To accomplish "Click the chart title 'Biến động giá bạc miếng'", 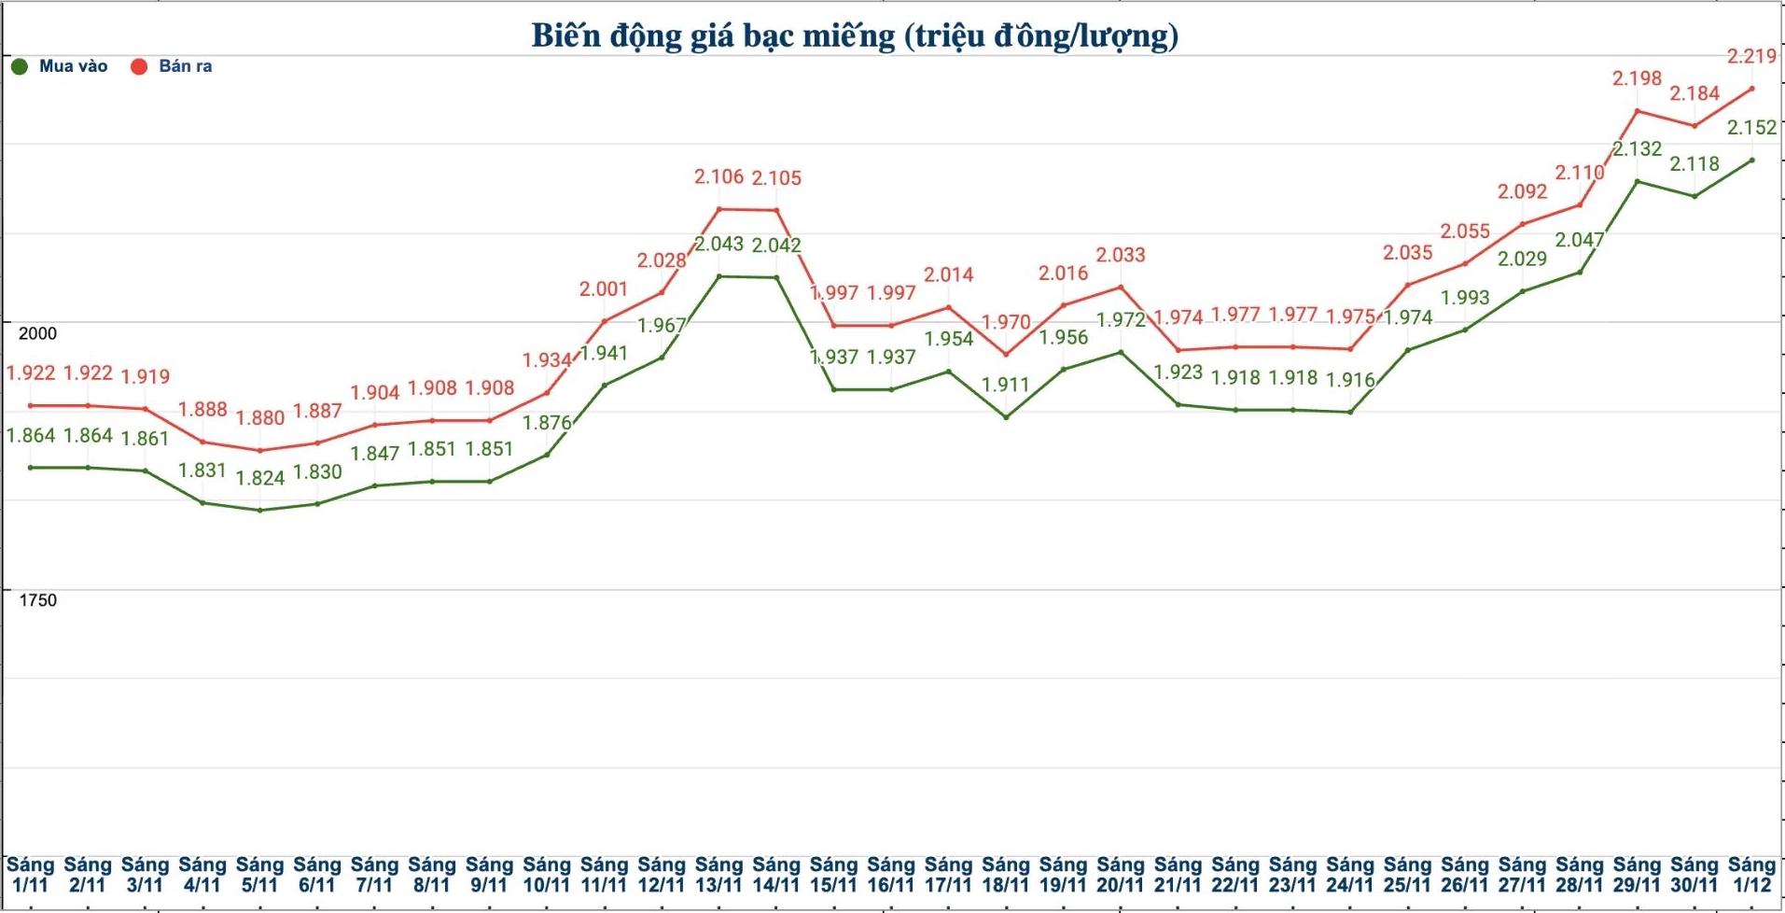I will (854, 35).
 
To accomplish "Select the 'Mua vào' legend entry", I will (61, 66).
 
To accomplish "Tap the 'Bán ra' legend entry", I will (173, 66).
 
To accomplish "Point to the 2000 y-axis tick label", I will (37, 333).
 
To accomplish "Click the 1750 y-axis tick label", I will (37, 600).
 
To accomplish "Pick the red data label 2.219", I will (1751, 56).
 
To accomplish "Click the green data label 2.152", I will (1751, 127).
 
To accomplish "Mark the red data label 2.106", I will (718, 176).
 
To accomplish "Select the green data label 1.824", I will (259, 478).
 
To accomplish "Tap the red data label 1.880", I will (259, 417).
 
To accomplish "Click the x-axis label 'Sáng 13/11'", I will (718, 875).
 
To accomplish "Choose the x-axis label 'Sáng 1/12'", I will (1751, 875).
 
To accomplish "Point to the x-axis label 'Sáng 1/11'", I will (30, 875).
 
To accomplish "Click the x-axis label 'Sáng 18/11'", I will (1006, 875).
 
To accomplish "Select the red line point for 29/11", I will (1637, 111).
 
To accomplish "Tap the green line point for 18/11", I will (1006, 417).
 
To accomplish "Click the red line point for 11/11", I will (604, 321).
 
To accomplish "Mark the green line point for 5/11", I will (259, 510).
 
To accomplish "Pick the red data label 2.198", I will (1637, 78).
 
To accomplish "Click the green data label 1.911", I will (1006, 385).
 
